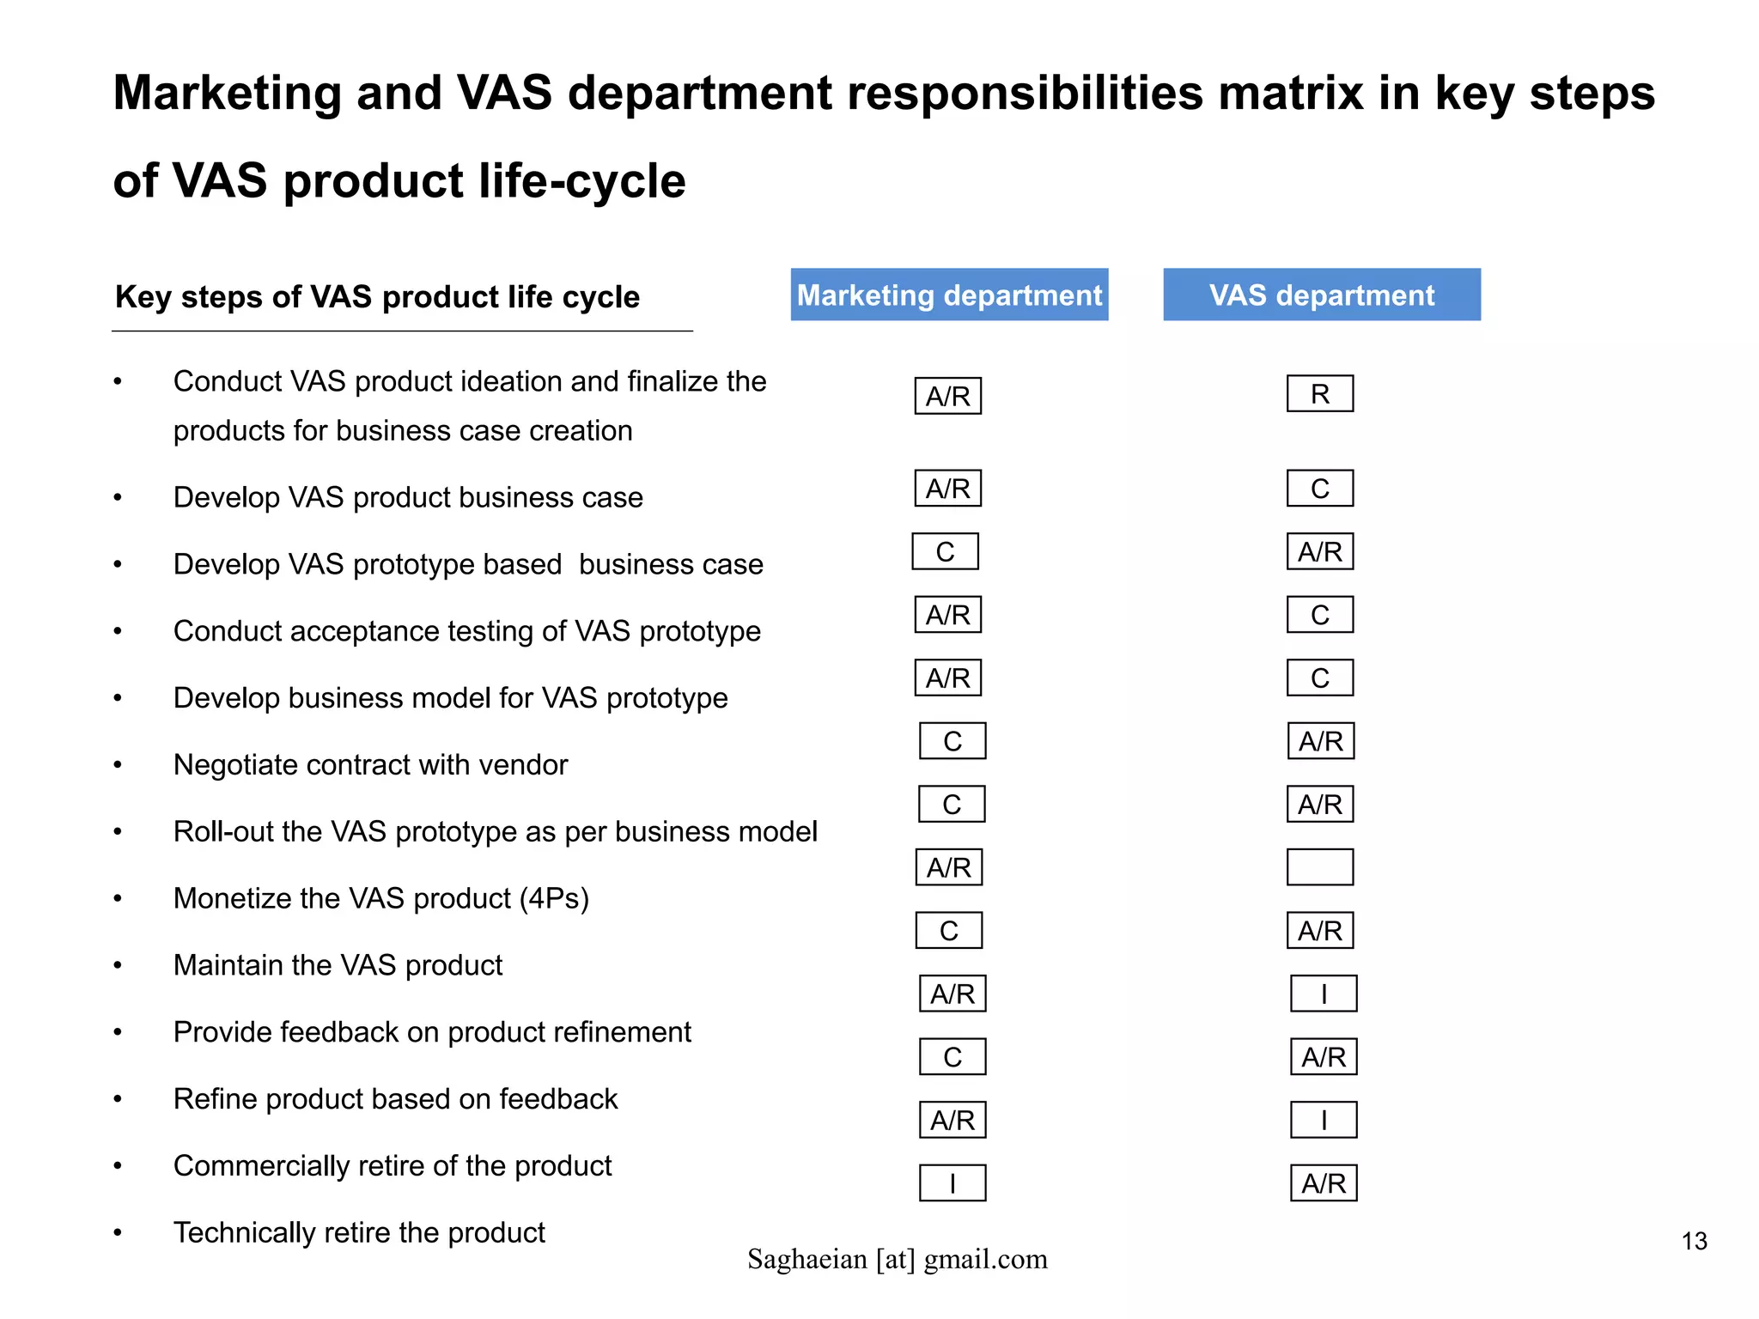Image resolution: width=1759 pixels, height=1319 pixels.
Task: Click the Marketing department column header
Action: click(949, 295)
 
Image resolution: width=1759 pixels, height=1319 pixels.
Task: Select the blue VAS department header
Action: click(1321, 295)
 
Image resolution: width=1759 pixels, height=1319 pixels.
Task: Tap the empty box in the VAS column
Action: click(1319, 866)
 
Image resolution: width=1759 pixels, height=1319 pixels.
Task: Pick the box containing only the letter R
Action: click(1319, 394)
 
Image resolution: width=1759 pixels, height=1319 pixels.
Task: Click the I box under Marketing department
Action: click(953, 1183)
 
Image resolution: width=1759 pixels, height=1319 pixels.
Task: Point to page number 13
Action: click(1694, 1242)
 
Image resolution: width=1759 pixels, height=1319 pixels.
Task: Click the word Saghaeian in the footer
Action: click(807, 1260)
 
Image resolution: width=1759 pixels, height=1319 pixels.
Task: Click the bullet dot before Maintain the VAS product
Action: click(119, 966)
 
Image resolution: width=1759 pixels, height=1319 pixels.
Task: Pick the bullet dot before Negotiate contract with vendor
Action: click(119, 765)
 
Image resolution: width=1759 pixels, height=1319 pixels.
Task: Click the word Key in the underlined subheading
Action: click(137, 297)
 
